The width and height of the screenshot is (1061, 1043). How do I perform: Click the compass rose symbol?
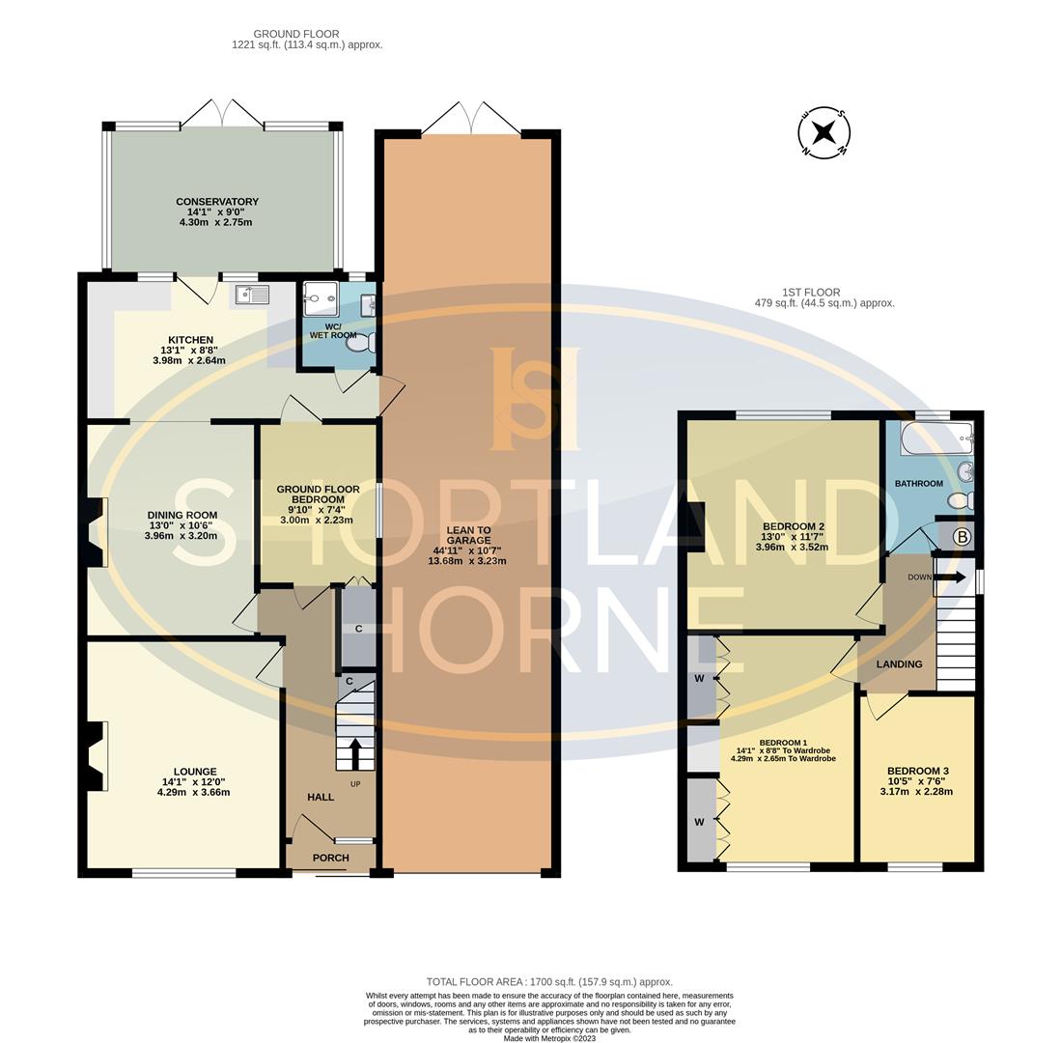[824, 133]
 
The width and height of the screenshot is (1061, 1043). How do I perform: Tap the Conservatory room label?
[217, 202]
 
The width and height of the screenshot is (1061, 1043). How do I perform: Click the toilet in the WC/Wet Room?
[363, 343]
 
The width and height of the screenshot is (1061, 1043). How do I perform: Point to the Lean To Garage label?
[468, 535]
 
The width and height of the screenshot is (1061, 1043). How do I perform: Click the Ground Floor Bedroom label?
[318, 494]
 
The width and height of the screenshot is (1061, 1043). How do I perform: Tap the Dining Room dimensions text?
[181, 530]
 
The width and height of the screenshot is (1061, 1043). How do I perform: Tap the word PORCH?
[330, 858]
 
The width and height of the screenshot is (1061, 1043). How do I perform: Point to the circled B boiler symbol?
[962, 537]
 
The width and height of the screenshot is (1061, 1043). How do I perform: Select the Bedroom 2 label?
[794, 526]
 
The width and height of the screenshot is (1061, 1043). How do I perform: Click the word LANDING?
[899, 664]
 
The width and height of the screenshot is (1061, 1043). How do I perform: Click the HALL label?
[321, 797]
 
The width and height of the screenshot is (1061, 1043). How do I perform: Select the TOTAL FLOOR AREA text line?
[549, 982]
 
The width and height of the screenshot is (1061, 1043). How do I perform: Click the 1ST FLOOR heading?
[810, 293]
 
